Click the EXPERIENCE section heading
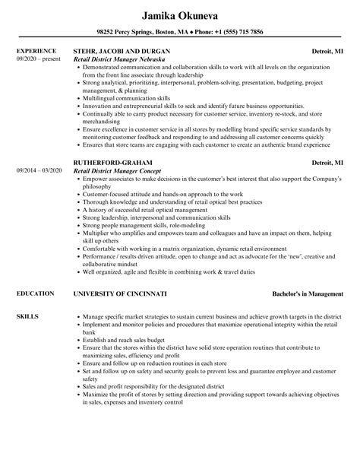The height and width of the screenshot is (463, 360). click(x=36, y=52)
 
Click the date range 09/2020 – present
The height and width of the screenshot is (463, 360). click(x=38, y=59)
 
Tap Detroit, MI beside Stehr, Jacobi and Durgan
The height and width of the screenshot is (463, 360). click(x=327, y=52)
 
